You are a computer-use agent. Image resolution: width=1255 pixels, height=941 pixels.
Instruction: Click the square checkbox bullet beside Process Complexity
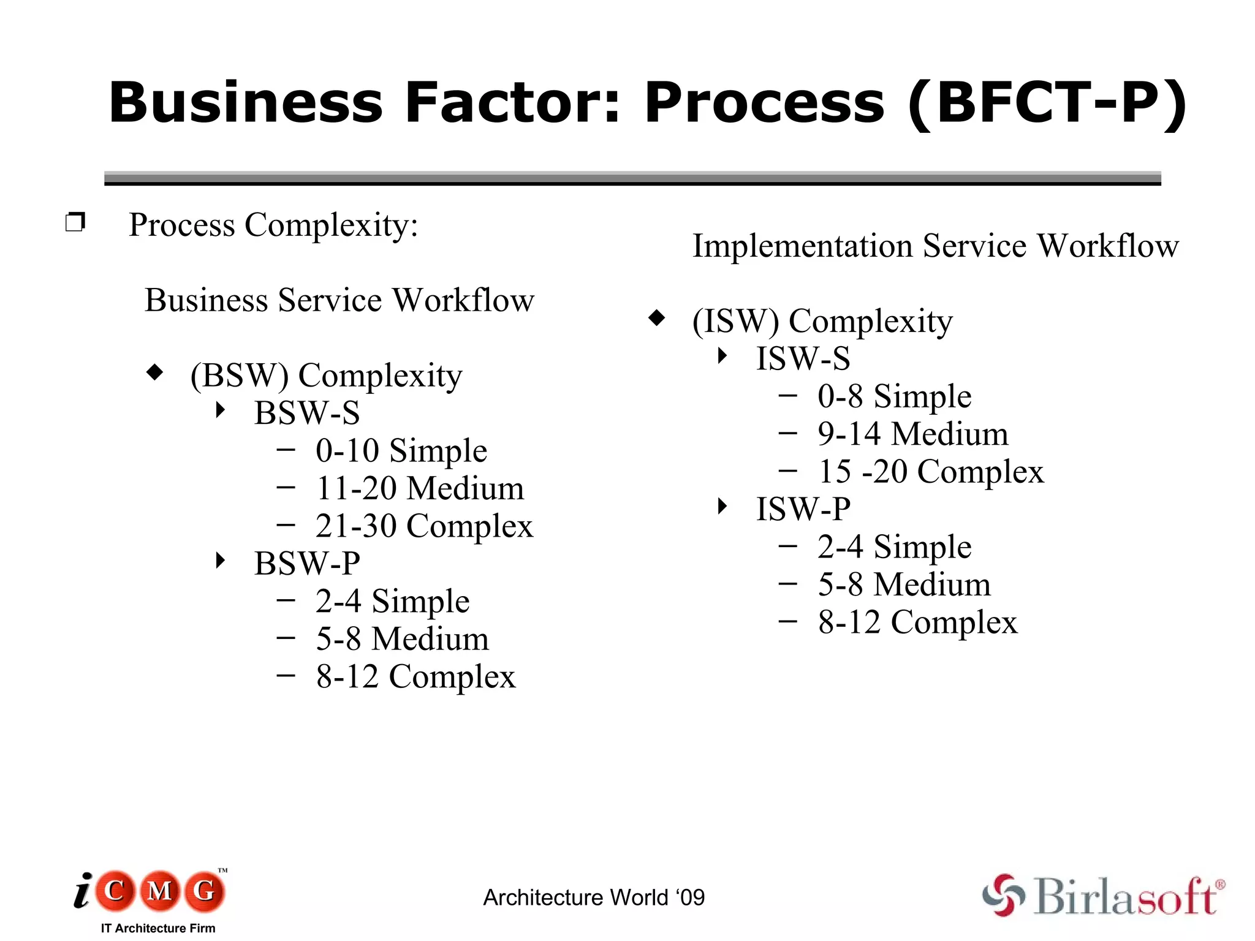[75, 222]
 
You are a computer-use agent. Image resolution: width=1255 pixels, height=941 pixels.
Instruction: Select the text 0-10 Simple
[401, 451]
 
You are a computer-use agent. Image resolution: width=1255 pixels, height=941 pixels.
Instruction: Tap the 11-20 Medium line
[420, 489]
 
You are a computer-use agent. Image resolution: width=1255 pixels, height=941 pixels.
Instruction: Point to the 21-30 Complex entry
[424, 526]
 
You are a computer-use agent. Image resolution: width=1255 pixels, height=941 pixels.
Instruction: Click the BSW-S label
[307, 413]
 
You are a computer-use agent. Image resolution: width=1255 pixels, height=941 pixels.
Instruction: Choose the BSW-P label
[307, 564]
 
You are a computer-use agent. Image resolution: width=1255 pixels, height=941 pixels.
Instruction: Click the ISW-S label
[803, 359]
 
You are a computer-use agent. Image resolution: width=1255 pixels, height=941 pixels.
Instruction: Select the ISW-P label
[803, 509]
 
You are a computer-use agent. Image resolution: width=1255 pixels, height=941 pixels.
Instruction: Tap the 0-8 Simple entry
[894, 396]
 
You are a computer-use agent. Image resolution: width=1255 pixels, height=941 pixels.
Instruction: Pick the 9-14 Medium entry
[912, 434]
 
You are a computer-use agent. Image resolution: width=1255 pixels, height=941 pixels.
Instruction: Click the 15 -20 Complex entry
[930, 472]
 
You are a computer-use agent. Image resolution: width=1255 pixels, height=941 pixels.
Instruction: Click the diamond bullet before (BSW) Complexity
[155, 372]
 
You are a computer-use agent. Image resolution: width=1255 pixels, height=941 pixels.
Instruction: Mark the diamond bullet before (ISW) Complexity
[656, 317]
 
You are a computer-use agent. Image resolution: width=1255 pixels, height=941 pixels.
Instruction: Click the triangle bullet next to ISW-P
[722, 506]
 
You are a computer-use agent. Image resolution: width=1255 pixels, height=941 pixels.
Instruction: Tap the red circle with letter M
[160, 890]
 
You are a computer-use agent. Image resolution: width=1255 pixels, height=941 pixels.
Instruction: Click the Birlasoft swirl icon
[1003, 895]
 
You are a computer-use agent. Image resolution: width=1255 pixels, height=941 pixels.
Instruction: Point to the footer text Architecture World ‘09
[594, 898]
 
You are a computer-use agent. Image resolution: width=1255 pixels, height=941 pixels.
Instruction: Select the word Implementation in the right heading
[802, 246]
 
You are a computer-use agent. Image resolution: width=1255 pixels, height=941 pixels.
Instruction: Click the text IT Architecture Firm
[158, 928]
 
